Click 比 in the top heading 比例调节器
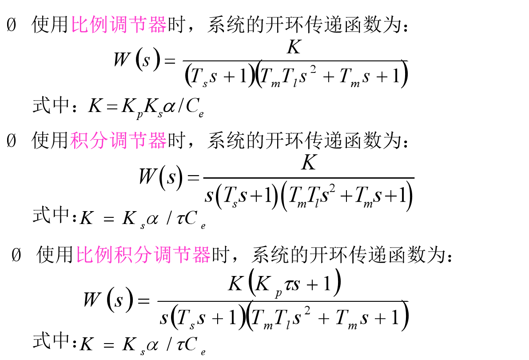[x=80, y=25]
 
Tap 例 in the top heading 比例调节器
[x=99, y=25]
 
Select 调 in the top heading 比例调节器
[x=119, y=25]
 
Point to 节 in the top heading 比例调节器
[x=138, y=25]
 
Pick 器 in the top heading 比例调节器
[x=158, y=25]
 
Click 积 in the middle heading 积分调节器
[x=80, y=141]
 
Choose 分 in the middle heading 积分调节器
[x=99, y=141]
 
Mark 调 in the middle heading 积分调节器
[x=118, y=141]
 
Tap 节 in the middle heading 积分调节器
[x=138, y=141]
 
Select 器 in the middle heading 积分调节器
[x=157, y=141]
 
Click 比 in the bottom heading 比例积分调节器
[x=85, y=255]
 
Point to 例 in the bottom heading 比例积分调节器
[x=104, y=255]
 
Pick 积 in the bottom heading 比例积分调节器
[x=124, y=255]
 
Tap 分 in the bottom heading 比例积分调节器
[x=143, y=255]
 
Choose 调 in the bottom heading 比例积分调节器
[x=163, y=255]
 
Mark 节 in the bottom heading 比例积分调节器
[x=182, y=255]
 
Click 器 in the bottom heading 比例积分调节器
[x=201, y=255]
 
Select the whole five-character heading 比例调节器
[x=119, y=25]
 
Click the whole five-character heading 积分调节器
[x=118, y=141]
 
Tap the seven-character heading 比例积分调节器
[x=143, y=255]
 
